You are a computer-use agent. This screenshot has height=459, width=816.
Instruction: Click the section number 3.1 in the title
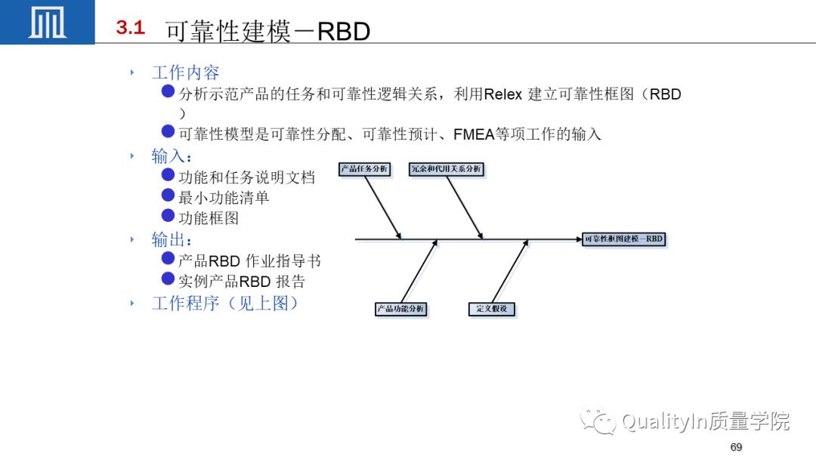(x=130, y=29)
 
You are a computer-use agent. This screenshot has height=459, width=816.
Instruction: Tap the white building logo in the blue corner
(x=47, y=23)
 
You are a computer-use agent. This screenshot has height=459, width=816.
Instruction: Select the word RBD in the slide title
(x=343, y=32)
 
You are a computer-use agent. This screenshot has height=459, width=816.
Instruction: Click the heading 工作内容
(x=185, y=72)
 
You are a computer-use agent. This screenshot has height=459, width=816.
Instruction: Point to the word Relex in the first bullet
(x=502, y=95)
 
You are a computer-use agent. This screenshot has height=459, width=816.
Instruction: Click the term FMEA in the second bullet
(x=474, y=134)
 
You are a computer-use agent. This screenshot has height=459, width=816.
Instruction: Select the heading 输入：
(x=172, y=156)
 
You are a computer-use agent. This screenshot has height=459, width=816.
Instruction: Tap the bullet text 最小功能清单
(x=224, y=198)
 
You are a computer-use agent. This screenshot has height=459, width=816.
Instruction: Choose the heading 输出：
(x=172, y=240)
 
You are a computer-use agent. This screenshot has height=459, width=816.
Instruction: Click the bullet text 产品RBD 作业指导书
(x=249, y=261)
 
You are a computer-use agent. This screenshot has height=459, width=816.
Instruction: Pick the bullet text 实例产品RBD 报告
(x=242, y=282)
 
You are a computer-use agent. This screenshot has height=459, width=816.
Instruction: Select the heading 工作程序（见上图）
(x=225, y=303)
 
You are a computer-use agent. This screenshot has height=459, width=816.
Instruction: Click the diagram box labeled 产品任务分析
(x=364, y=169)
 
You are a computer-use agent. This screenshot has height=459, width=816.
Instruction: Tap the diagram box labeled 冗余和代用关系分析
(x=446, y=169)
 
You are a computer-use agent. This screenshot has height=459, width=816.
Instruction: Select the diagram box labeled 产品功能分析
(x=401, y=309)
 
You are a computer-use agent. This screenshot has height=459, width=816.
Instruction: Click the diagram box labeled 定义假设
(x=492, y=309)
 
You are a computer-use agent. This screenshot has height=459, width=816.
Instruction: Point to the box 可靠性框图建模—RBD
(x=624, y=239)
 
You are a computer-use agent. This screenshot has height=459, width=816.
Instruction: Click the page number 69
(x=736, y=448)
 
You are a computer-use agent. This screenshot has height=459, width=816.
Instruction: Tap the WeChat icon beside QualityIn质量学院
(x=598, y=420)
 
